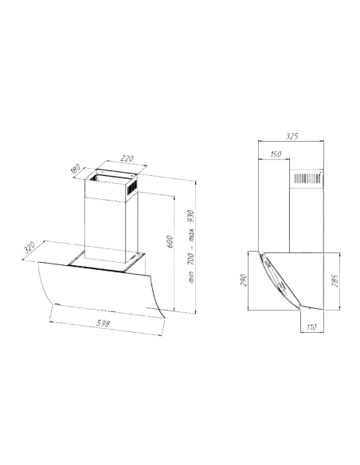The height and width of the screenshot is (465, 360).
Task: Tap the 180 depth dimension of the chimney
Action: coord(76,169)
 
